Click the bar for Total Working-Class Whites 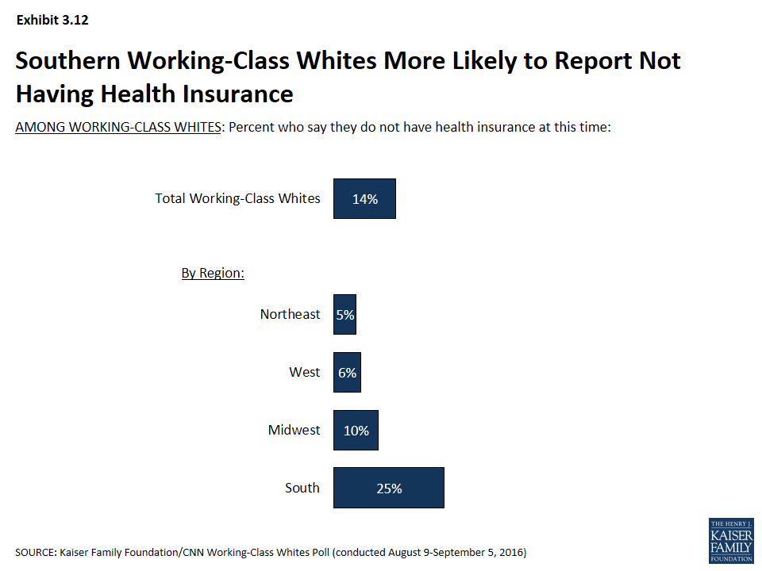(x=364, y=198)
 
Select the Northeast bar (x=344, y=314)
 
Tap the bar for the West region (x=347, y=373)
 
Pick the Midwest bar (x=356, y=430)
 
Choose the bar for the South (x=389, y=488)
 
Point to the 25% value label (x=389, y=489)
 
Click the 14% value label (x=365, y=199)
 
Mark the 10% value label (x=356, y=431)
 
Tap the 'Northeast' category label (x=291, y=314)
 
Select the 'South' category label (x=302, y=488)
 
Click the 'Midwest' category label (x=294, y=430)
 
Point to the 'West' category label (x=305, y=372)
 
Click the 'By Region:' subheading (x=213, y=273)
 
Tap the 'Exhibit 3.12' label (x=52, y=20)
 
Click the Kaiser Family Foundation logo (x=731, y=540)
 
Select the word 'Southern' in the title (x=67, y=61)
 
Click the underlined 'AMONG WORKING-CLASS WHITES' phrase (x=118, y=127)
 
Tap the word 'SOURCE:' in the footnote (x=36, y=553)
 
